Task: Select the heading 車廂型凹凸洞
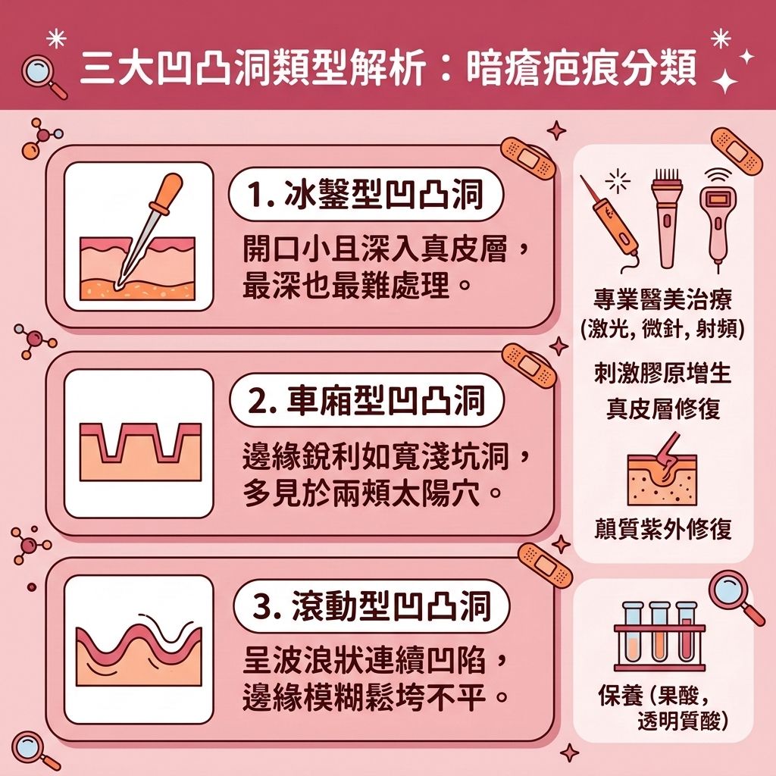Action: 365,401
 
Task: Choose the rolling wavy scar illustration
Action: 137,649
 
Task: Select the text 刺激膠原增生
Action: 664,373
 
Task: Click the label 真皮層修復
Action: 664,408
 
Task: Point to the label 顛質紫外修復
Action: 664,529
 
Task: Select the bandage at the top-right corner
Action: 737,151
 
